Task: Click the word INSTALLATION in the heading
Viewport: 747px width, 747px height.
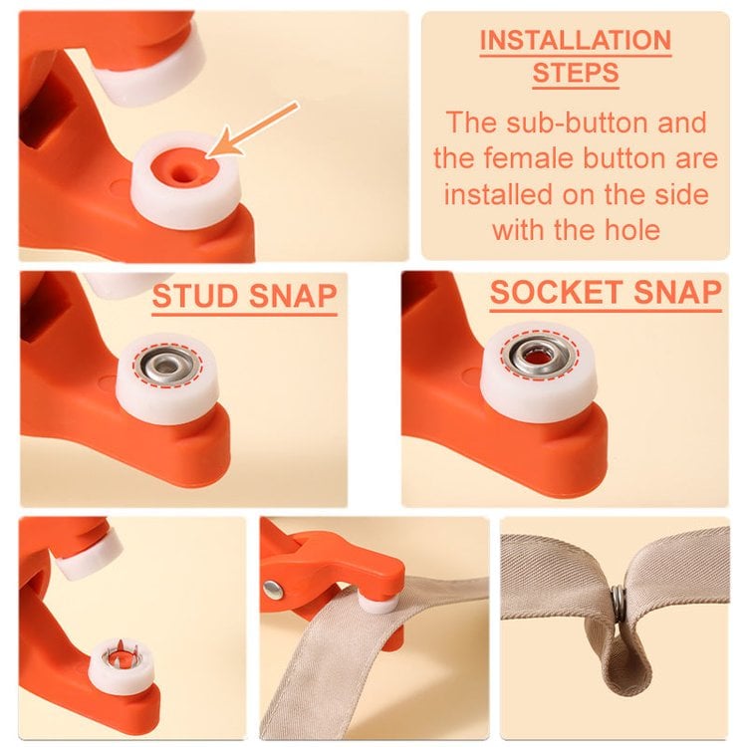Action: (x=575, y=41)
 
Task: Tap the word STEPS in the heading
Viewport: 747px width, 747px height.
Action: (x=575, y=73)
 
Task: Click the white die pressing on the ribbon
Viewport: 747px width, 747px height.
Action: (x=377, y=601)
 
